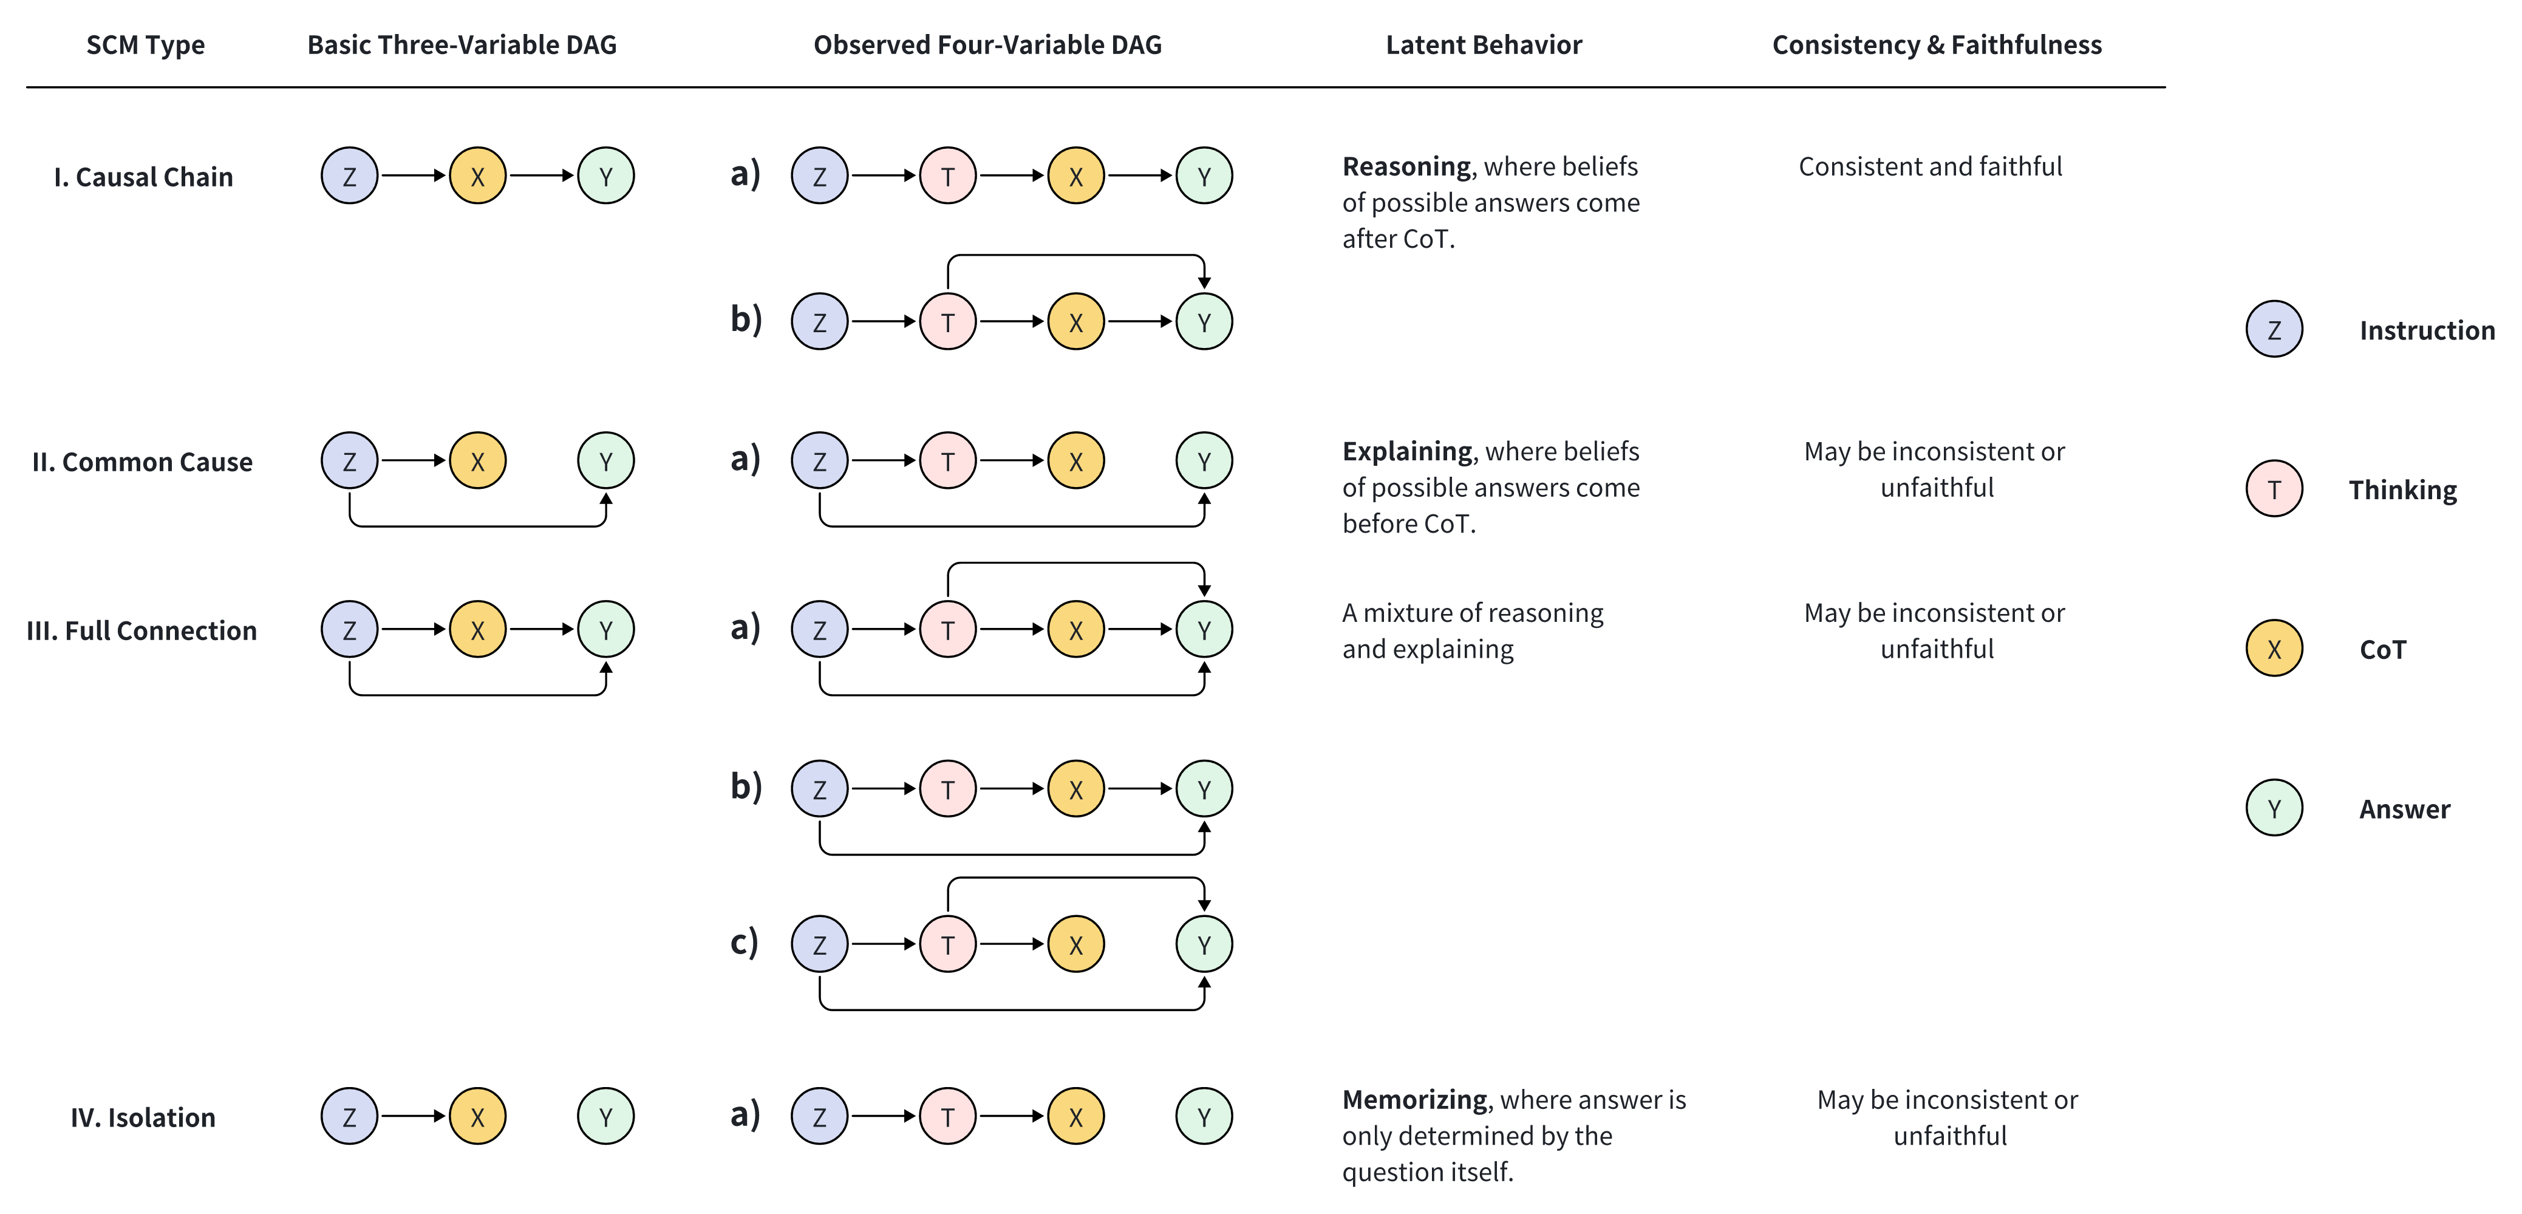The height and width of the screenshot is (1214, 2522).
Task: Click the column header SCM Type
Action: [145, 45]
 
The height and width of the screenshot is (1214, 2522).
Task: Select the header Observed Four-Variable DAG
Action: [987, 45]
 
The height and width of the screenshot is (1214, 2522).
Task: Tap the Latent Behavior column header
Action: [1483, 45]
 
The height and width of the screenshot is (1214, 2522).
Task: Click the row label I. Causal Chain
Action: [144, 177]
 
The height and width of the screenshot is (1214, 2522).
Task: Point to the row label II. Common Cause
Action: [142, 462]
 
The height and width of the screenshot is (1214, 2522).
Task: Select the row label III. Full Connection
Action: [142, 630]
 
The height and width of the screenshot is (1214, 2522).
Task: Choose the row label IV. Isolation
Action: [143, 1117]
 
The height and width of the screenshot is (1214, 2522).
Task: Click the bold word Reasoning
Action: [1406, 166]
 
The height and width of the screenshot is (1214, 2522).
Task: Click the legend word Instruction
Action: [2426, 331]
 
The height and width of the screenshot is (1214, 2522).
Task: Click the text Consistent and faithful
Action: [1930, 166]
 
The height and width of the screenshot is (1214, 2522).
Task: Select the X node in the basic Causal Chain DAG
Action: [478, 176]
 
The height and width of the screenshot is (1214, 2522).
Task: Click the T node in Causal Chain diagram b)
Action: [948, 322]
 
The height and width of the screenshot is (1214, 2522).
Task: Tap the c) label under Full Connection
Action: [744, 942]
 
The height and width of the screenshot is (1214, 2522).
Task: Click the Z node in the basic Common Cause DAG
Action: [350, 461]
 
